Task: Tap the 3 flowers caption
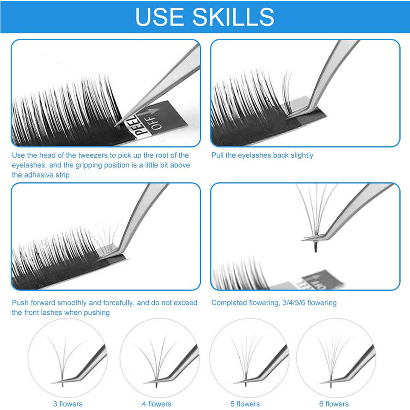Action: pyautogui.click(x=67, y=404)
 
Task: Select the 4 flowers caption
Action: pyautogui.click(x=156, y=404)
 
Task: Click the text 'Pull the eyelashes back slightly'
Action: pyautogui.click(x=262, y=155)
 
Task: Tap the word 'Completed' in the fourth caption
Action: pyautogui.click(x=229, y=303)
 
